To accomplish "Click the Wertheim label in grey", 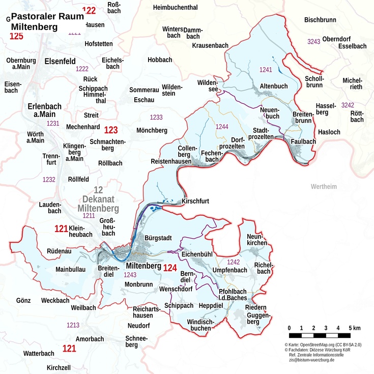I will tap(324, 187).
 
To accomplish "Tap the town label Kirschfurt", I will tap(195, 202).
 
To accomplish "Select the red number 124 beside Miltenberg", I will tap(170, 268).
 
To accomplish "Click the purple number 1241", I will tap(266, 69).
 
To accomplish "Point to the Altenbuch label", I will tap(274, 86).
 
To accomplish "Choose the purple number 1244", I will tap(222, 127).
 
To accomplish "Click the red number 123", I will tap(111, 130).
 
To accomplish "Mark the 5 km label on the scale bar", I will tap(355, 328).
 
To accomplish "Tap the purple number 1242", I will tap(233, 262).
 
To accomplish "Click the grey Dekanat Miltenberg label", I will tap(98, 199).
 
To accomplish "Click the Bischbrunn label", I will tap(320, 20).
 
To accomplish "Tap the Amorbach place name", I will tap(90, 339).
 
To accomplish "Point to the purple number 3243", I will tap(314, 41).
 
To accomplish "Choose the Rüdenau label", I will tap(60, 251).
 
